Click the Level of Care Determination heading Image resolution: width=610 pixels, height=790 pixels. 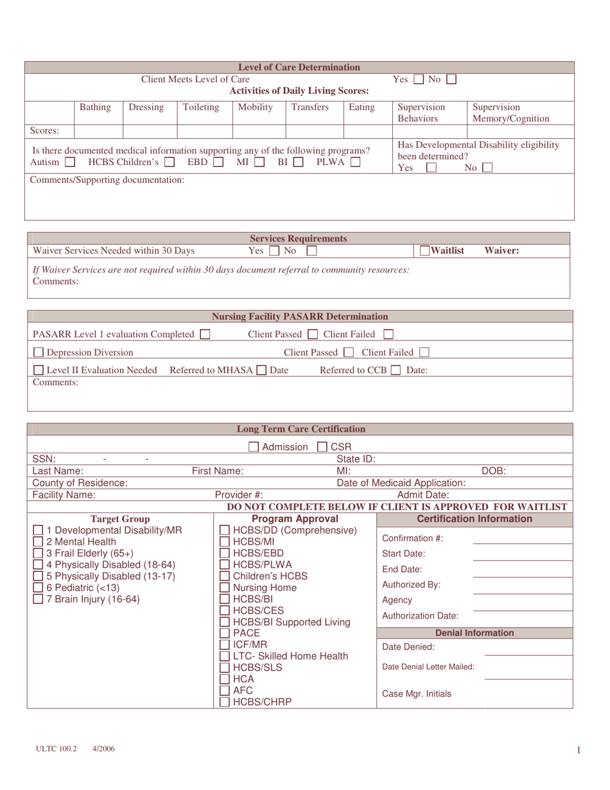click(299, 67)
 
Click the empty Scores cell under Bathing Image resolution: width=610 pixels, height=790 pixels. click(98, 131)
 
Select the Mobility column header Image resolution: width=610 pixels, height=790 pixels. click(256, 107)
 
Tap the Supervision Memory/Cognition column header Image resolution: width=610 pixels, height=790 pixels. click(510, 112)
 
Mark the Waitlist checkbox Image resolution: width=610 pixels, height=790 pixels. click(425, 250)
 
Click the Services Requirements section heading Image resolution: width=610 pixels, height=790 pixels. click(299, 238)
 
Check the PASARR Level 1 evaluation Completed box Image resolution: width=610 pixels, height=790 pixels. click(205, 334)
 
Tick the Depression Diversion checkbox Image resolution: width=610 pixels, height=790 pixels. click(39, 352)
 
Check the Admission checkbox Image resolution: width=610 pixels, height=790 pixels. click(254, 447)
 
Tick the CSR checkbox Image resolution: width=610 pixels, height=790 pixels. click(322, 447)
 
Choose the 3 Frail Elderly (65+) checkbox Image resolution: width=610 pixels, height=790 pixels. click(39, 553)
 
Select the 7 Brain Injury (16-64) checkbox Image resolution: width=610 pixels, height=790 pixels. click(39, 599)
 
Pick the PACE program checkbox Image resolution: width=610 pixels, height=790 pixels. click(225, 633)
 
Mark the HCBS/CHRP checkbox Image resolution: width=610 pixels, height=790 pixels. click(225, 702)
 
